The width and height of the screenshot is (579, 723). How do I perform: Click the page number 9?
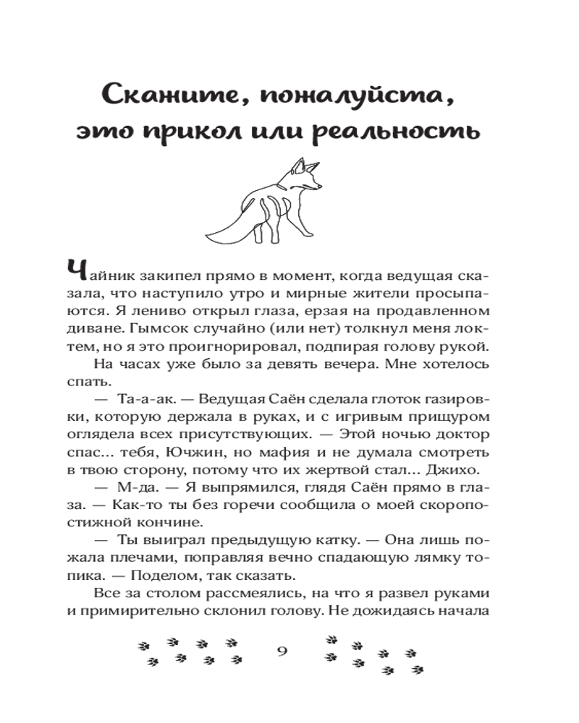coord(282,650)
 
